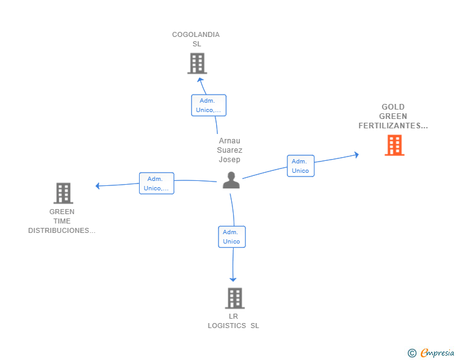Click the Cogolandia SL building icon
[x=197, y=63]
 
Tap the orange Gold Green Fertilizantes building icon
[x=394, y=145]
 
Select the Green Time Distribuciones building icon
[x=63, y=193]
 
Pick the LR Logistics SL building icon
[x=234, y=298]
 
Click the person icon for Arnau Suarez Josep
[x=231, y=180]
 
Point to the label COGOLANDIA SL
[x=196, y=39]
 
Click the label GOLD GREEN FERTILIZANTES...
[x=393, y=116]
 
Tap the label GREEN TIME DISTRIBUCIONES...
[x=62, y=221]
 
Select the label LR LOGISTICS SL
[x=233, y=321]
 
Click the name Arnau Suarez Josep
[x=229, y=150]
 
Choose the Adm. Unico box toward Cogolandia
[x=208, y=105]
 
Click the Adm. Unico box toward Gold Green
[x=301, y=166]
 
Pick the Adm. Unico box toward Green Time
[x=156, y=183]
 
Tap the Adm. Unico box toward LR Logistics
[x=232, y=237]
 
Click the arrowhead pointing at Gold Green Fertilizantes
[x=356, y=154]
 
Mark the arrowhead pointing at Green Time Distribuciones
[x=98, y=185]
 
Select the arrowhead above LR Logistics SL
[x=233, y=279]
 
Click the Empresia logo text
[x=437, y=353]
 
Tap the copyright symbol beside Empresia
[x=412, y=353]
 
